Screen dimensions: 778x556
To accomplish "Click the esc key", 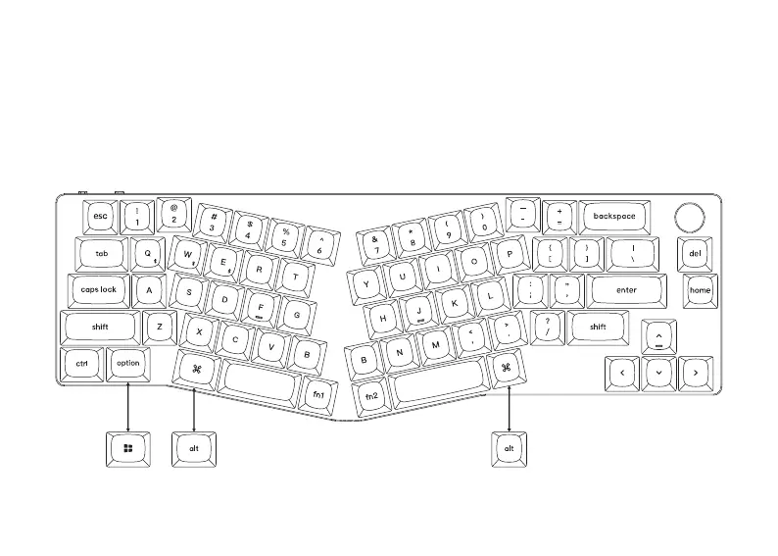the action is coord(101,216).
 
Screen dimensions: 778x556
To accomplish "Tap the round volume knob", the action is coord(690,216).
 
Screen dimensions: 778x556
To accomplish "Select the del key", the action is coord(695,253).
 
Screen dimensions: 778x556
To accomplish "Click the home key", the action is coord(700,290).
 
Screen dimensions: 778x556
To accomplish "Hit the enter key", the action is coord(626,290).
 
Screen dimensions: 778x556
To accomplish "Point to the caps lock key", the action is coord(98,290).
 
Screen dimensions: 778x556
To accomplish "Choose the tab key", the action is coord(102,253).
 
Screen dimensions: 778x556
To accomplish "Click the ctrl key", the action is coord(82,364).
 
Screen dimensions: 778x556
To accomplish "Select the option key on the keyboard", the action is coord(128,363).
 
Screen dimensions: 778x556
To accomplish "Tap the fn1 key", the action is coord(318,393).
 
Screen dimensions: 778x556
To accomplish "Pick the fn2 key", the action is coord(371,396).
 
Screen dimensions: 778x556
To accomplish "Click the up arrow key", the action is coord(659,337).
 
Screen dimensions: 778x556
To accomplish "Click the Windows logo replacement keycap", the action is coord(128,448).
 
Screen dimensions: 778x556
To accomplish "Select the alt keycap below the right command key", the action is coord(509,448).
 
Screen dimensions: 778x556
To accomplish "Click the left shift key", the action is coord(100,328).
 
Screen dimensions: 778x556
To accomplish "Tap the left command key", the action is coord(196,370).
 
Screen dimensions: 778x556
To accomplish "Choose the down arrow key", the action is coord(659,373).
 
